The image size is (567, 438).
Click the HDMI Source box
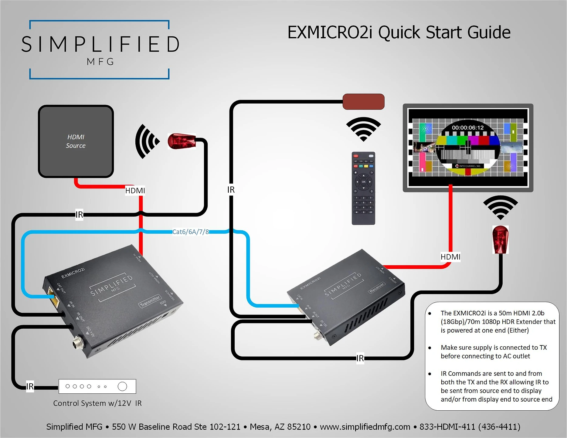click(76, 141)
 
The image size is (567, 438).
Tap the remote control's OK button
click(363, 182)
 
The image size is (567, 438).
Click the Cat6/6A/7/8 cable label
click(191, 232)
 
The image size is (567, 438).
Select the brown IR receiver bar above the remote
click(363, 101)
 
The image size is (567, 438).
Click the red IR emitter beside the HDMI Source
click(182, 141)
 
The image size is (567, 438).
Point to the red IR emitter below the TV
click(500, 239)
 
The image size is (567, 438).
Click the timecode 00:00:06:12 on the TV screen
click(467, 128)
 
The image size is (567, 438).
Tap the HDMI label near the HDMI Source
click(135, 191)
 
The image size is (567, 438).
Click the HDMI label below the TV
click(450, 257)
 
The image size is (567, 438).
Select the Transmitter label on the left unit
click(150, 301)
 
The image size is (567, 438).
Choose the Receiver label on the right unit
click(377, 287)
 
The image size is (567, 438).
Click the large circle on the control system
click(122, 386)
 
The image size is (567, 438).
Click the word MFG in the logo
click(100, 62)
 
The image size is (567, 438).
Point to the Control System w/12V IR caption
click(97, 403)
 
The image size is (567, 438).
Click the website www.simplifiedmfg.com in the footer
click(365, 427)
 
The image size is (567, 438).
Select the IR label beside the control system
click(30, 386)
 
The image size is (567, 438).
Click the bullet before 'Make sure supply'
click(430, 348)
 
